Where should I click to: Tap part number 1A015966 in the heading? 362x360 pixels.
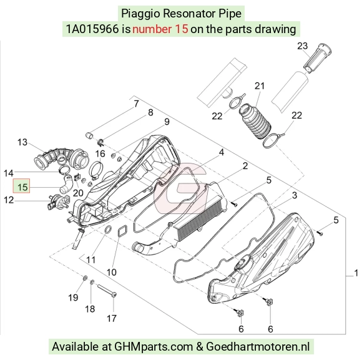click(92, 29)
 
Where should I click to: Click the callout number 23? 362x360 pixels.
click(302, 46)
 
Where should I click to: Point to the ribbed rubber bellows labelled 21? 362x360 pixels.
click(255, 121)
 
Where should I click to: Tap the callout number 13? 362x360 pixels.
click(22, 142)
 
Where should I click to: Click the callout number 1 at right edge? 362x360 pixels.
click(356, 273)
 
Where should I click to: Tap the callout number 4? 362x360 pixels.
click(221, 152)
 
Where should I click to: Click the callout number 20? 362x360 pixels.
click(78, 193)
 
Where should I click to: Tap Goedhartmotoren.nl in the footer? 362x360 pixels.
click(258, 347)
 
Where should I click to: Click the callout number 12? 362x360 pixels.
click(9, 200)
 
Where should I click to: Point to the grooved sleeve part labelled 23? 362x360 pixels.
click(317, 58)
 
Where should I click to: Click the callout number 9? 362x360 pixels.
click(167, 122)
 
